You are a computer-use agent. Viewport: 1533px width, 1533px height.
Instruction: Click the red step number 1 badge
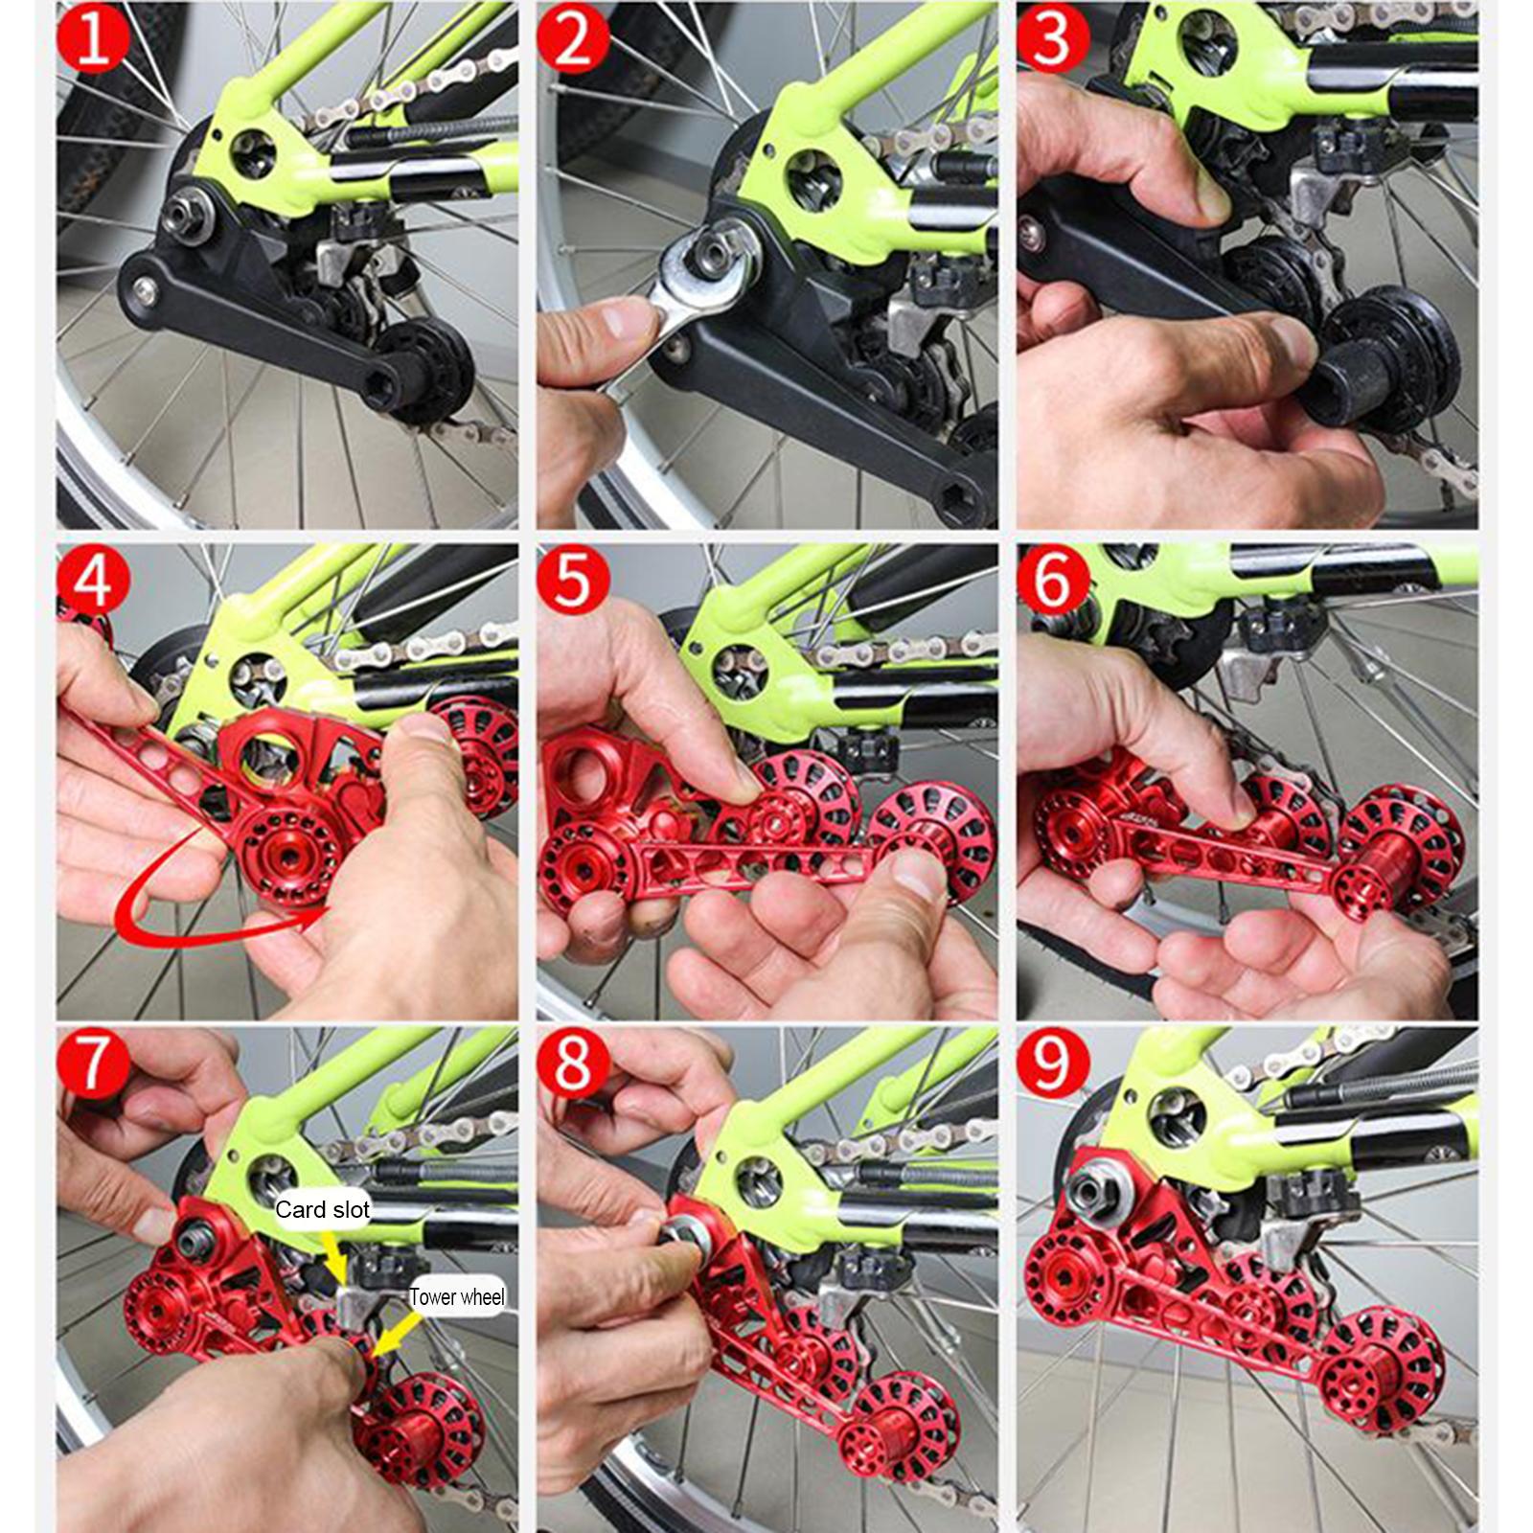click(x=92, y=39)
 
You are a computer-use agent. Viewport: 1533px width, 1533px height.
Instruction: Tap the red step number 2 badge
click(x=573, y=39)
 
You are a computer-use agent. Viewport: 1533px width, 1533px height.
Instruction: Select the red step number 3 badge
click(x=1053, y=39)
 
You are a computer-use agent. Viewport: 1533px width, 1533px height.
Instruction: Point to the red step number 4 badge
click(x=92, y=580)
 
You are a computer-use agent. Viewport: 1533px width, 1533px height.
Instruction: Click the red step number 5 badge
click(x=573, y=580)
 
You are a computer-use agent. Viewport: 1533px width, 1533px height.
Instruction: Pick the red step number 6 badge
click(x=1053, y=580)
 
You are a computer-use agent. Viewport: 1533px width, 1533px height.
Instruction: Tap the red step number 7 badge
click(x=92, y=1063)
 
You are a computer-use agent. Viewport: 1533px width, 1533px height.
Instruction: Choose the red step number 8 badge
click(x=573, y=1063)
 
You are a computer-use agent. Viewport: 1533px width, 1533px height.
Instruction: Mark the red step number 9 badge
click(x=1053, y=1063)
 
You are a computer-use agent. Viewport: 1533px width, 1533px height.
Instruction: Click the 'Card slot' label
click(x=322, y=1210)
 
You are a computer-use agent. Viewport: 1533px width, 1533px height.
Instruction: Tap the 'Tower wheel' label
click(x=457, y=1297)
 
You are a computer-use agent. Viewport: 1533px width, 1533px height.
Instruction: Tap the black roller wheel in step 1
click(x=422, y=369)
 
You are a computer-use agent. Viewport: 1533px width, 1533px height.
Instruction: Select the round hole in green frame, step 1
click(x=251, y=148)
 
